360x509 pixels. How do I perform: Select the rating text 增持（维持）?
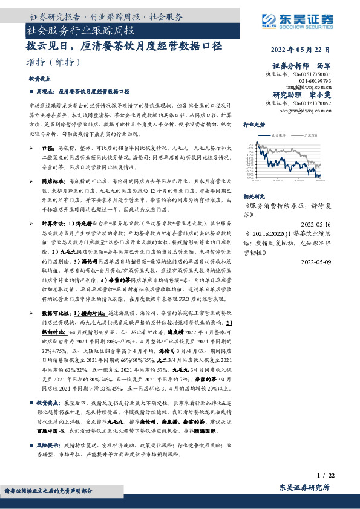coord(54,62)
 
